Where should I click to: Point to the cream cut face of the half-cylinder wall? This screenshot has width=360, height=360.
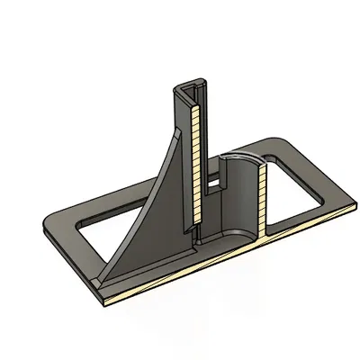click(263, 198)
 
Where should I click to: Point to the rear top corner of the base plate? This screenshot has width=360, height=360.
click(274, 141)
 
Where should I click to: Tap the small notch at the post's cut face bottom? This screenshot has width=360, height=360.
click(193, 231)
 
